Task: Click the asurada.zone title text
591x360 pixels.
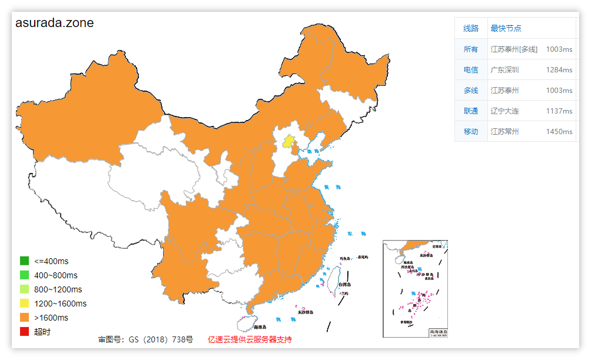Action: coord(54,23)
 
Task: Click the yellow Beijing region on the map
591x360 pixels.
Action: coord(288,141)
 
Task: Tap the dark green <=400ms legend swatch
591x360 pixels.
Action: coord(24,261)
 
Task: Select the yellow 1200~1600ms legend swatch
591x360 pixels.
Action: coord(24,304)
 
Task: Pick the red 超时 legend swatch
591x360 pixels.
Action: coord(24,332)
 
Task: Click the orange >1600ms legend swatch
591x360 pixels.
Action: coord(24,318)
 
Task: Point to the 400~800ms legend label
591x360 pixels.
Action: coord(56,275)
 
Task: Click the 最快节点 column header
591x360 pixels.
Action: coord(506,28)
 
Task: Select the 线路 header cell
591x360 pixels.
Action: coord(471,28)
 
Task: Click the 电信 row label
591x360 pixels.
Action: coord(471,69)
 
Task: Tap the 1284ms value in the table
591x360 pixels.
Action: coord(559,69)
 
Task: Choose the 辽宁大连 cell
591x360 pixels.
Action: coord(505,111)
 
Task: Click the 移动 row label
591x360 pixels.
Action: coord(471,131)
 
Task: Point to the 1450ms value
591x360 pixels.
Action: coord(559,131)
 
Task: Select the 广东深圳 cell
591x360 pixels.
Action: coord(505,69)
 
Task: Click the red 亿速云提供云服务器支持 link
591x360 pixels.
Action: coord(250,339)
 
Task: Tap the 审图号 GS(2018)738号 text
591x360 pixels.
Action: coord(145,339)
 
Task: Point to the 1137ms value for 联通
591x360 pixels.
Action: coord(559,111)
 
